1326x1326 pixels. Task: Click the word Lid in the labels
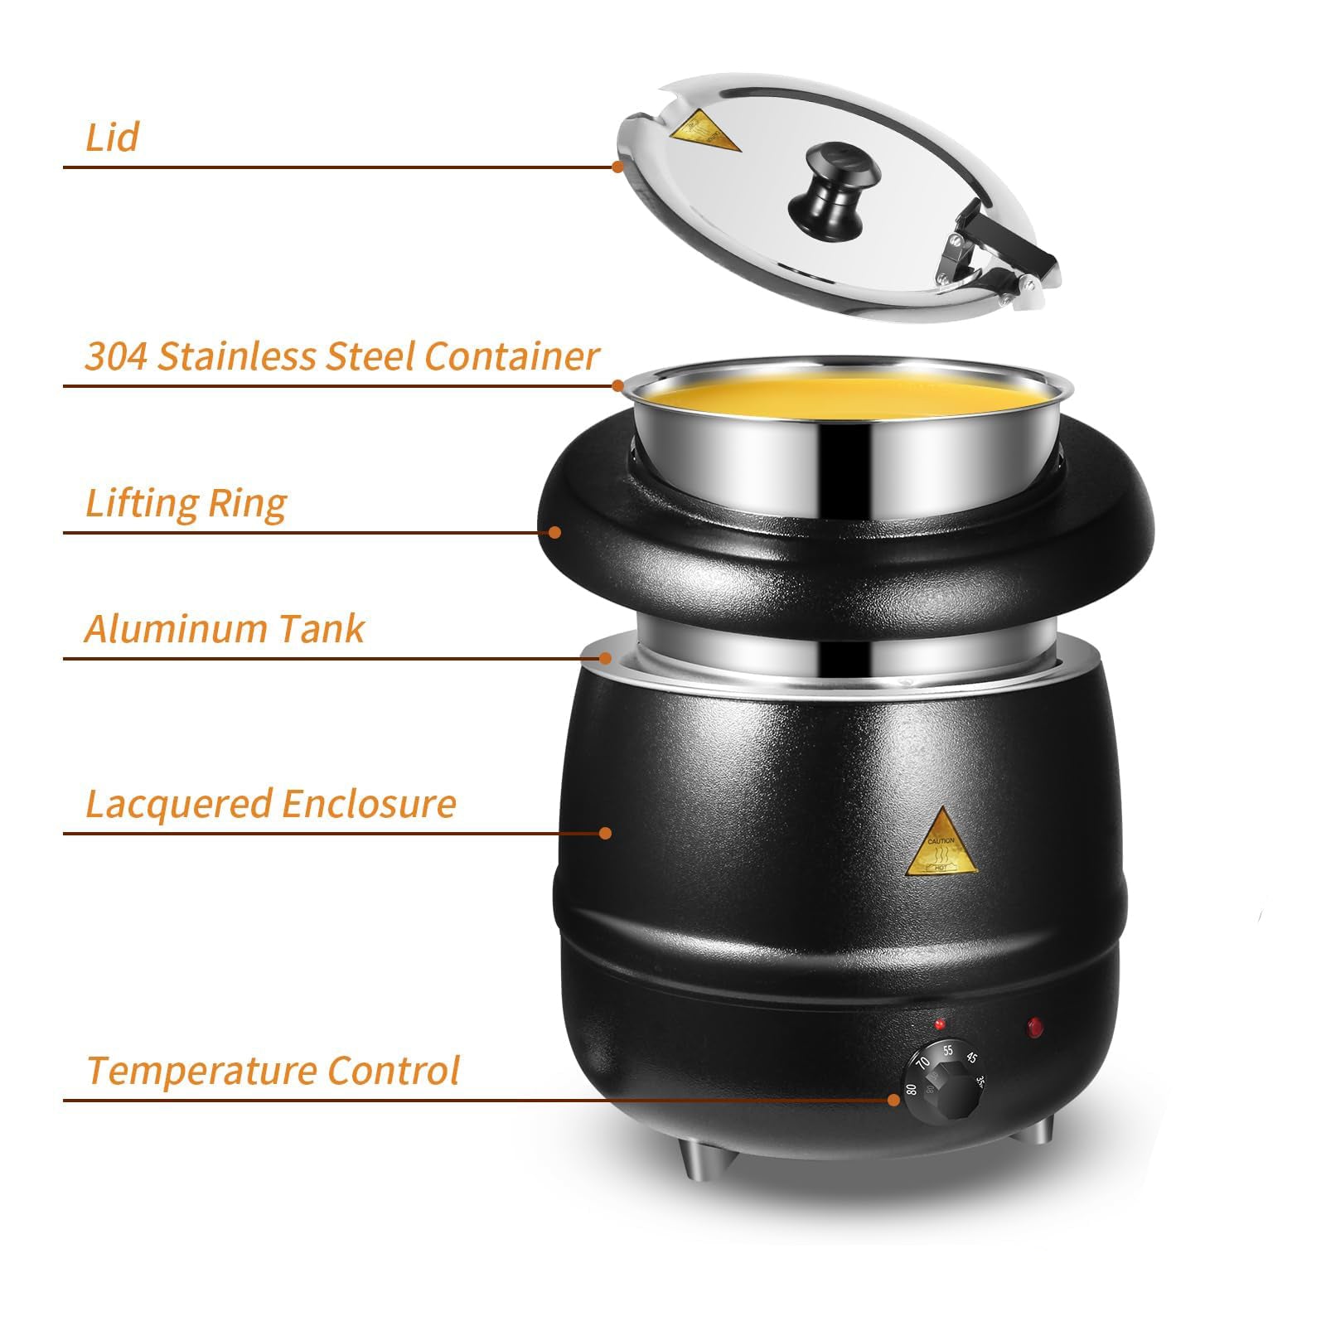(x=112, y=138)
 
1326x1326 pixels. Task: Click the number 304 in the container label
(x=116, y=356)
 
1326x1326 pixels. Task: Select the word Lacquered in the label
(x=178, y=805)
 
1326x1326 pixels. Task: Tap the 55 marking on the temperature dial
(x=948, y=1051)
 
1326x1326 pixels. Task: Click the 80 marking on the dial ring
(x=911, y=1090)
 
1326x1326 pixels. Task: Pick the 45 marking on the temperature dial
(x=971, y=1058)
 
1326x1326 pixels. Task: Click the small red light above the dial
(x=940, y=1024)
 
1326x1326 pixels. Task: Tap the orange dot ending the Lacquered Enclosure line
(x=606, y=833)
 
